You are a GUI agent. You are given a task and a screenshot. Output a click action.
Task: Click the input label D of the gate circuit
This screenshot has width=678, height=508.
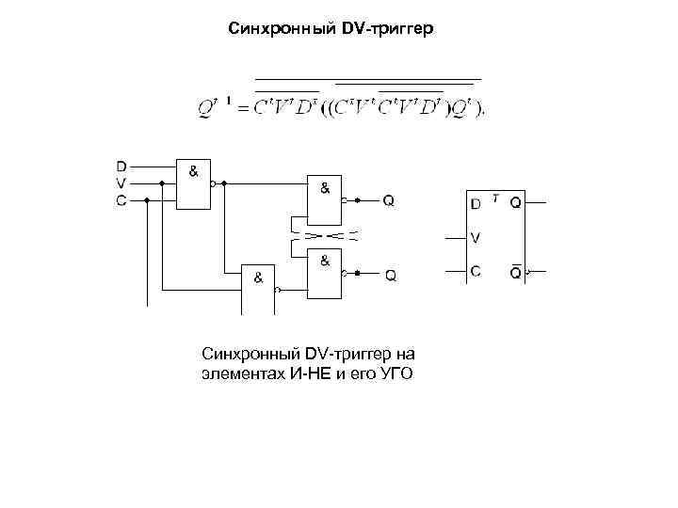coord(122,167)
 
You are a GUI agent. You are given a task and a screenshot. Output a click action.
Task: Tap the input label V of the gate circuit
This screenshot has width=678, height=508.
coord(122,183)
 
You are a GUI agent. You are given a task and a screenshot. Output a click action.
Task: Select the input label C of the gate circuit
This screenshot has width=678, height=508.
coord(122,200)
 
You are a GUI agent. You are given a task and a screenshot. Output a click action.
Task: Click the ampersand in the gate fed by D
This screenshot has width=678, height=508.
coord(193,171)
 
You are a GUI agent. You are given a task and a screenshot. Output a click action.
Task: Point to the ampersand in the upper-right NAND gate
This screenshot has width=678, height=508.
coord(325,187)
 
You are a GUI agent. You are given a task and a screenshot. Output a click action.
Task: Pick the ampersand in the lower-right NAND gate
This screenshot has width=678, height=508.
coord(324,261)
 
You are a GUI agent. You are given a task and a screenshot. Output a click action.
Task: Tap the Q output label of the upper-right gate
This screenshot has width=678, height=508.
coord(389,200)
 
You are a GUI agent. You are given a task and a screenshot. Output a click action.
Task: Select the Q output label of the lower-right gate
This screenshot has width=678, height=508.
coord(390,276)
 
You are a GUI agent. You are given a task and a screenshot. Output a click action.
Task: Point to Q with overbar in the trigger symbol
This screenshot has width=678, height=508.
coord(516,272)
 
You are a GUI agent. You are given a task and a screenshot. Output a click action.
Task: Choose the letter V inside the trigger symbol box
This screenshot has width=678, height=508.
coord(476,237)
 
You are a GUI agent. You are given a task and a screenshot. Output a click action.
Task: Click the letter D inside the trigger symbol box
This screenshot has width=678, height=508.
coord(476,203)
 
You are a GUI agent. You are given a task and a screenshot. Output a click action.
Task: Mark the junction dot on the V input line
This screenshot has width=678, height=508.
coord(163,183)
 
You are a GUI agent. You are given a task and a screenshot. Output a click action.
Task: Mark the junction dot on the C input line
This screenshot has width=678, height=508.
coord(147,200)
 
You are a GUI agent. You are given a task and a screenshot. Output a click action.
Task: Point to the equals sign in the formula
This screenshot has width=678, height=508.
coord(241,110)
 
